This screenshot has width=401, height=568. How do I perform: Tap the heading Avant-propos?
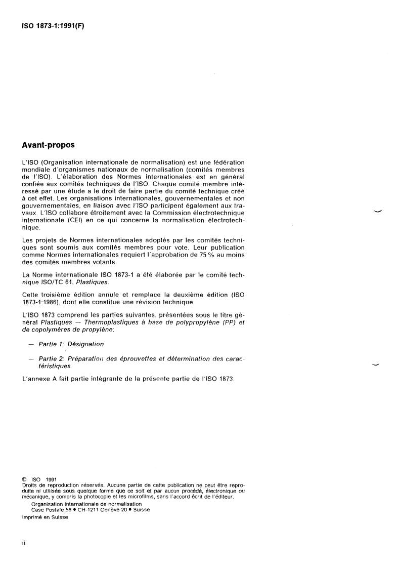(49, 145)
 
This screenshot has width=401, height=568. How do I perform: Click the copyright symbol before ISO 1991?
(24, 478)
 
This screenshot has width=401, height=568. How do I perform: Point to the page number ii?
(24, 543)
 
